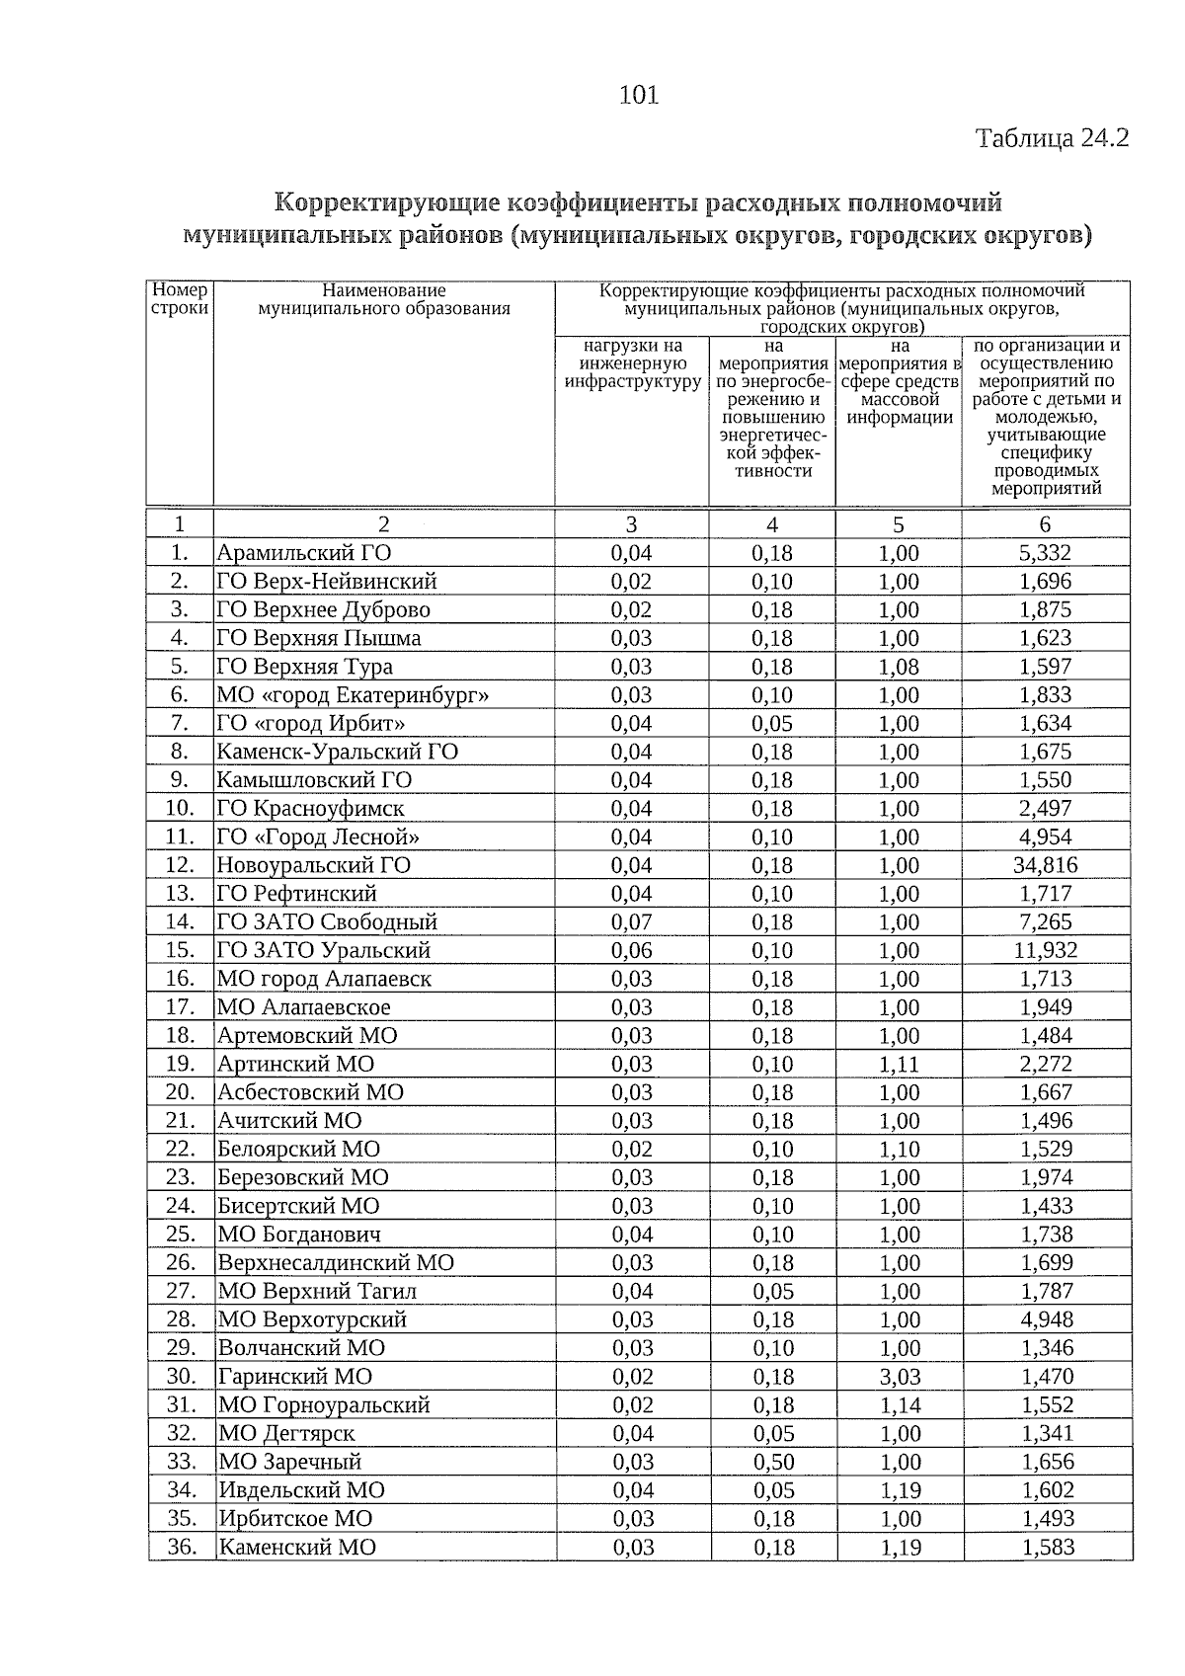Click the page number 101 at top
point(638,96)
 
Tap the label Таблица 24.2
point(1052,138)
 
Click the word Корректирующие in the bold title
point(386,203)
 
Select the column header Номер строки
point(180,299)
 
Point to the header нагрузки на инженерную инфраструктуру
point(632,363)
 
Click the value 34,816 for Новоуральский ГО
point(1046,866)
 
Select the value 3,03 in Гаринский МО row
point(899,1377)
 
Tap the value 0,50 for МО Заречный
point(773,1462)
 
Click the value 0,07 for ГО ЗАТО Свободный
point(631,922)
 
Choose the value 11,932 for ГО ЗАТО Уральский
point(1046,951)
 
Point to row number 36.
point(182,1547)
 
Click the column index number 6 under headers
point(1045,524)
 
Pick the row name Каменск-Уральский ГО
point(338,753)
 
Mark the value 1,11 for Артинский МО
point(899,1065)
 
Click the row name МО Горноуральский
point(324,1405)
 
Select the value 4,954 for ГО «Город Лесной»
point(1046,838)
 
